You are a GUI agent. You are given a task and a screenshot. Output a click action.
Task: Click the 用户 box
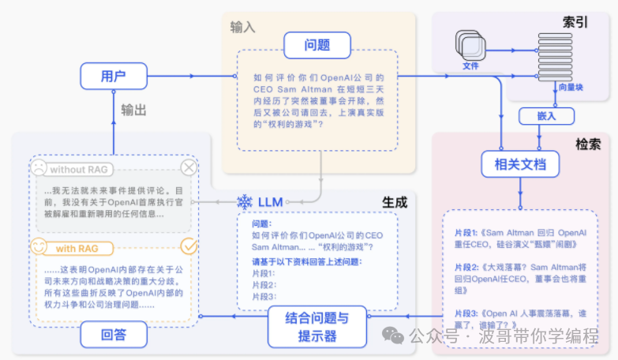(x=114, y=77)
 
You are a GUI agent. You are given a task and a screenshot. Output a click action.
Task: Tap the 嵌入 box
(x=541, y=116)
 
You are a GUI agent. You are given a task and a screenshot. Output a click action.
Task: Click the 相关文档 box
(x=520, y=165)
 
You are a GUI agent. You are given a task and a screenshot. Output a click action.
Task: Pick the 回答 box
(x=114, y=334)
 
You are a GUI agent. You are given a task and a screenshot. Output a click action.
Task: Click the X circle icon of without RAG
(x=189, y=168)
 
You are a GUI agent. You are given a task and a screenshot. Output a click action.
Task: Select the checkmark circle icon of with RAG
(x=189, y=246)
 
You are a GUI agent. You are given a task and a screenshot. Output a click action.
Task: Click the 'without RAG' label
(x=78, y=169)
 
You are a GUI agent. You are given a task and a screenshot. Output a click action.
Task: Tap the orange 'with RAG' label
(x=77, y=248)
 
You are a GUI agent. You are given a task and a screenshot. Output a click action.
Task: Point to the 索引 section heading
(x=575, y=22)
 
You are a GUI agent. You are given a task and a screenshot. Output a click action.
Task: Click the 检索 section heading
(x=587, y=144)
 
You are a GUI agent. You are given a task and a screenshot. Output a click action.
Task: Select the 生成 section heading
(x=395, y=202)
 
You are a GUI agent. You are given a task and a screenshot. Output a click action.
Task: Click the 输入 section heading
(x=242, y=27)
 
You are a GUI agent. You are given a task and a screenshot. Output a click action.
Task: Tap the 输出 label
(x=133, y=111)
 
